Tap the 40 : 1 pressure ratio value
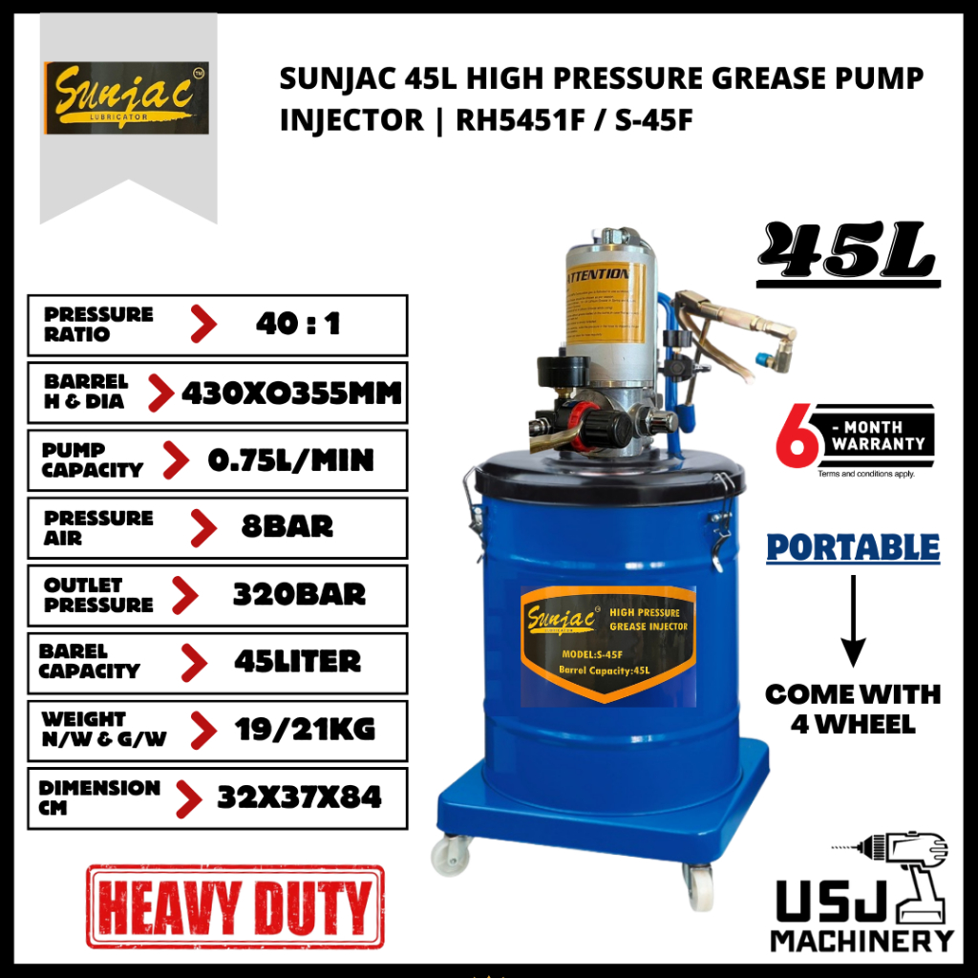point(298,325)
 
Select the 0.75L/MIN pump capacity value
point(290,460)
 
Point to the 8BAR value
point(286,527)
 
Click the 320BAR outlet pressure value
point(299,594)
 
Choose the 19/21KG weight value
point(305,730)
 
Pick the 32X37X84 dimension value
point(299,797)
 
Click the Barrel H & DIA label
point(85,393)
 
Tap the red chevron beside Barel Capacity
point(194,662)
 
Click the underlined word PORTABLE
point(853,548)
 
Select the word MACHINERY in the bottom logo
point(861,940)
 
